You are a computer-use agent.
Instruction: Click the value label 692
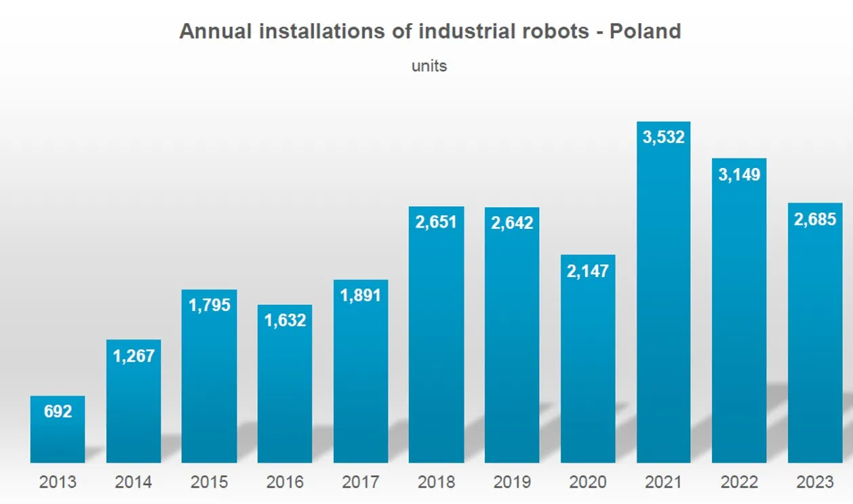click(x=58, y=411)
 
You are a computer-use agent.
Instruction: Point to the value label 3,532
click(x=663, y=137)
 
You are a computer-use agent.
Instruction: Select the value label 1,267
click(x=134, y=356)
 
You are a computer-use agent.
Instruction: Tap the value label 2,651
click(x=436, y=222)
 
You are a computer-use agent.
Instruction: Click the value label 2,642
click(x=512, y=223)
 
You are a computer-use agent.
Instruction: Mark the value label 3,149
click(x=739, y=174)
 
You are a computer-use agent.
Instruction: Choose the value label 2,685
click(x=814, y=219)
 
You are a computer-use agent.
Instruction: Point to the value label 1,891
click(x=361, y=295)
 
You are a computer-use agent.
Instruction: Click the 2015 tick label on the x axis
click(x=210, y=482)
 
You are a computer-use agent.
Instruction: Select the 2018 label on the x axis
click(x=436, y=482)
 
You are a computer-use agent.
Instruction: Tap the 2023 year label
click(x=814, y=482)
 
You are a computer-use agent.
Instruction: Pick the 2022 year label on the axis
click(x=739, y=482)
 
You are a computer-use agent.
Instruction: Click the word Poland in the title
click(x=645, y=31)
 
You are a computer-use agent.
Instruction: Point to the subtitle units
click(x=429, y=66)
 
